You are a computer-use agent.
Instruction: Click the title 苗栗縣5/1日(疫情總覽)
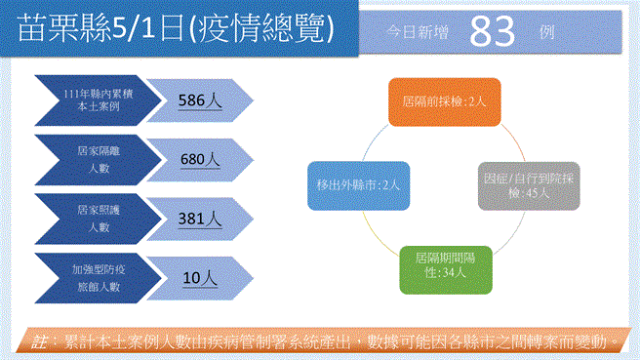pyautogui.click(x=179, y=29)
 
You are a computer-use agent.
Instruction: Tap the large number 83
pyautogui.click(x=492, y=32)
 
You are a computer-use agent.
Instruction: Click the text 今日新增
pyautogui.click(x=418, y=33)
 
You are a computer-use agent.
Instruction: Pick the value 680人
pyautogui.click(x=202, y=159)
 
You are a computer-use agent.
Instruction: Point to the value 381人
pyautogui.click(x=202, y=219)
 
